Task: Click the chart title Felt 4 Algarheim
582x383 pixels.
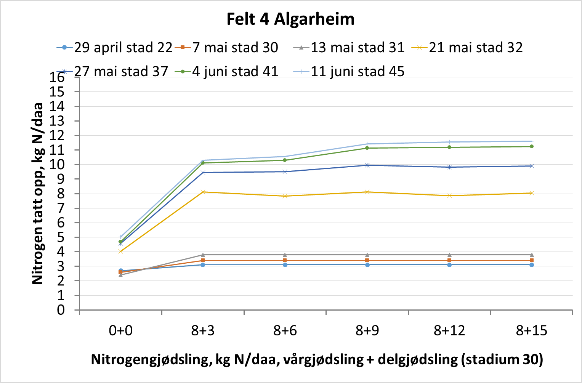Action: click(x=290, y=19)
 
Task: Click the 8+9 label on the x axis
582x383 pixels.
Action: click(x=367, y=330)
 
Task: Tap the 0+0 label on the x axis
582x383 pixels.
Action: click(x=120, y=330)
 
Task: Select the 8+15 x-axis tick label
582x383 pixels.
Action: click(x=531, y=330)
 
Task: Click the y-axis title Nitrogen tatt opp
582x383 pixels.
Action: click(x=37, y=194)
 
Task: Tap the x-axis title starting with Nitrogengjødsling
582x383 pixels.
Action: click(x=317, y=359)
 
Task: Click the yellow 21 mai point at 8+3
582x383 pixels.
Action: click(x=203, y=192)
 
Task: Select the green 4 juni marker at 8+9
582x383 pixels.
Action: click(x=367, y=148)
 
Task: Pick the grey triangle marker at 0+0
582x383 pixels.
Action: click(x=120, y=275)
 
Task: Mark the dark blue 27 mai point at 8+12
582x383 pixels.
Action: click(x=449, y=167)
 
